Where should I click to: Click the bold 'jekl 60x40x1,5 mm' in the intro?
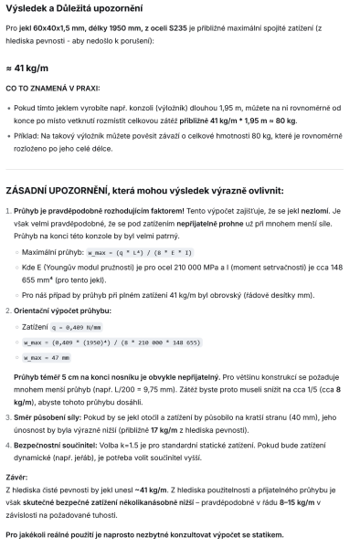click(61, 31)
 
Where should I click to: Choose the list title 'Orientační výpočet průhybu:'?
click(63, 311)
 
